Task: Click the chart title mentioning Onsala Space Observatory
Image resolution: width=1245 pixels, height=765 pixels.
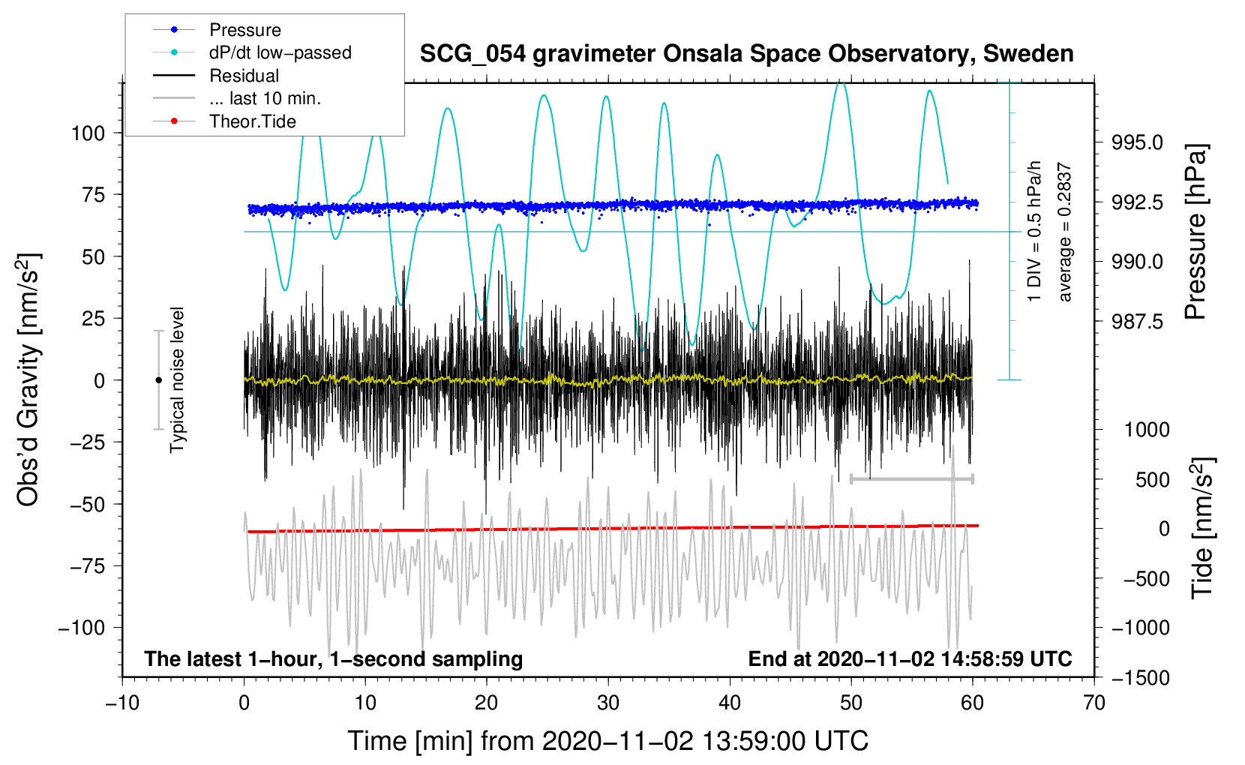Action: coord(746,54)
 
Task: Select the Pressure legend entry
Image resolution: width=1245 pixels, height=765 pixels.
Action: coord(244,30)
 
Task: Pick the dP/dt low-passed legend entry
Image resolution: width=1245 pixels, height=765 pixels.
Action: coord(280,52)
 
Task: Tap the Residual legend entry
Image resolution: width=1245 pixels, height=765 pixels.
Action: coord(244,76)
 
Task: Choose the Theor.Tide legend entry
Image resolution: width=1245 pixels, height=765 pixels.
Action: coord(252,121)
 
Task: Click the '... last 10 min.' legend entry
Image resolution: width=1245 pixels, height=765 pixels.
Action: coord(265,98)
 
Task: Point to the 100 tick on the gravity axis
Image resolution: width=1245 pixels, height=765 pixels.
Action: coord(88,133)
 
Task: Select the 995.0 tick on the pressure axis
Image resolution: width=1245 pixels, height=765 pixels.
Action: coord(1137,142)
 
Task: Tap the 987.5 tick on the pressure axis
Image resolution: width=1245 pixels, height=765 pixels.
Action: coord(1137,322)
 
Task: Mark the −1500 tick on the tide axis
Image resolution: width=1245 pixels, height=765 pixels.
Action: coord(1141,678)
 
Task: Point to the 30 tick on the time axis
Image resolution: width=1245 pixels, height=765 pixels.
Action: coord(608,703)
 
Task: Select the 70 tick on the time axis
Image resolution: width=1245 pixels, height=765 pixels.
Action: coord(1094,703)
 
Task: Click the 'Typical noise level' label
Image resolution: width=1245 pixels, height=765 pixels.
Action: coord(177,379)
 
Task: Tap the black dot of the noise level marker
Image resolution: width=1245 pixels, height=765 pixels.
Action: coord(158,380)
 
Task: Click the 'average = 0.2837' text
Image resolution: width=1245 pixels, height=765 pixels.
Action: coord(1064,232)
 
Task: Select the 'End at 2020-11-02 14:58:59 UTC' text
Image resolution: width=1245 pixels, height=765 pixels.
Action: coord(910,658)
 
